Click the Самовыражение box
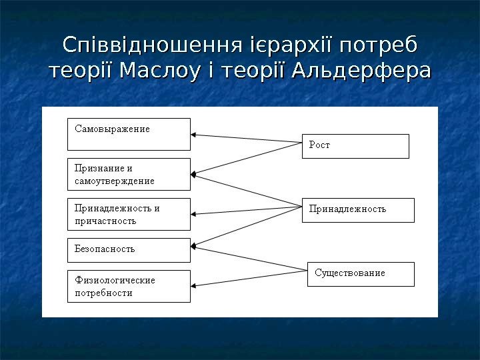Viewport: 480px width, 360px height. pyautogui.click(x=129, y=134)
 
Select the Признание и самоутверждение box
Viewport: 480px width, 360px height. pyautogui.click(x=129, y=174)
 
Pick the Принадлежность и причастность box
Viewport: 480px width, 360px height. pyautogui.click(x=129, y=214)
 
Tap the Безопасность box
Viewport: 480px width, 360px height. pyautogui.click(x=129, y=249)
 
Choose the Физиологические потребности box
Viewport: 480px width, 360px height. pyautogui.click(x=129, y=286)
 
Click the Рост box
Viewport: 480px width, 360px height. pyautogui.click(x=355, y=146)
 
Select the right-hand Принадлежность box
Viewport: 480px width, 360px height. pyautogui.click(x=357, y=210)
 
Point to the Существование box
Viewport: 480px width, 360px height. pyautogui.click(x=360, y=274)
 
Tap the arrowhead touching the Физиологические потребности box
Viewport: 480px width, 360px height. pyautogui.click(x=194, y=286)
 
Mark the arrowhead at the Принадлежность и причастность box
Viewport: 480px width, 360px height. pyautogui.click(x=194, y=214)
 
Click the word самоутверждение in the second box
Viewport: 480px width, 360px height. pyautogui.click(x=114, y=181)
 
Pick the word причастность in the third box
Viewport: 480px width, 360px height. pyautogui.click(x=105, y=221)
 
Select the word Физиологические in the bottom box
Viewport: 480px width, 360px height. pyautogui.click(x=115, y=280)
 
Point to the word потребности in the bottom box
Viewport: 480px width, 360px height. pyautogui.click(x=103, y=293)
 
